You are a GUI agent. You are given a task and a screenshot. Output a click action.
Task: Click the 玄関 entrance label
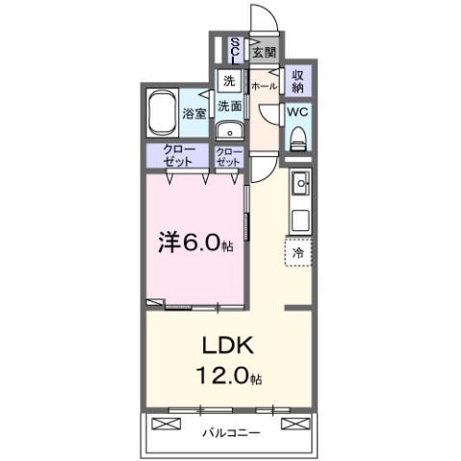[x=263, y=51]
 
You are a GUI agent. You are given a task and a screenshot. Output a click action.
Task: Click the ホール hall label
[x=264, y=86]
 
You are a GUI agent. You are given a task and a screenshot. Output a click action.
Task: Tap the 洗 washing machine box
[x=228, y=81]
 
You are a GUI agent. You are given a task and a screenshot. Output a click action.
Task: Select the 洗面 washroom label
[x=228, y=106]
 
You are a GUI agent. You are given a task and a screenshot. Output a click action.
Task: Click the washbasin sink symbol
[x=228, y=133]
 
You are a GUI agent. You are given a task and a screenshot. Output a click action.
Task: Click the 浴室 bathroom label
[x=194, y=113]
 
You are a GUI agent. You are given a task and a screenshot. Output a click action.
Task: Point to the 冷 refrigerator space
[x=297, y=252]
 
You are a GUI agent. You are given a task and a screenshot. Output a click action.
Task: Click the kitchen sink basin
[x=299, y=181]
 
